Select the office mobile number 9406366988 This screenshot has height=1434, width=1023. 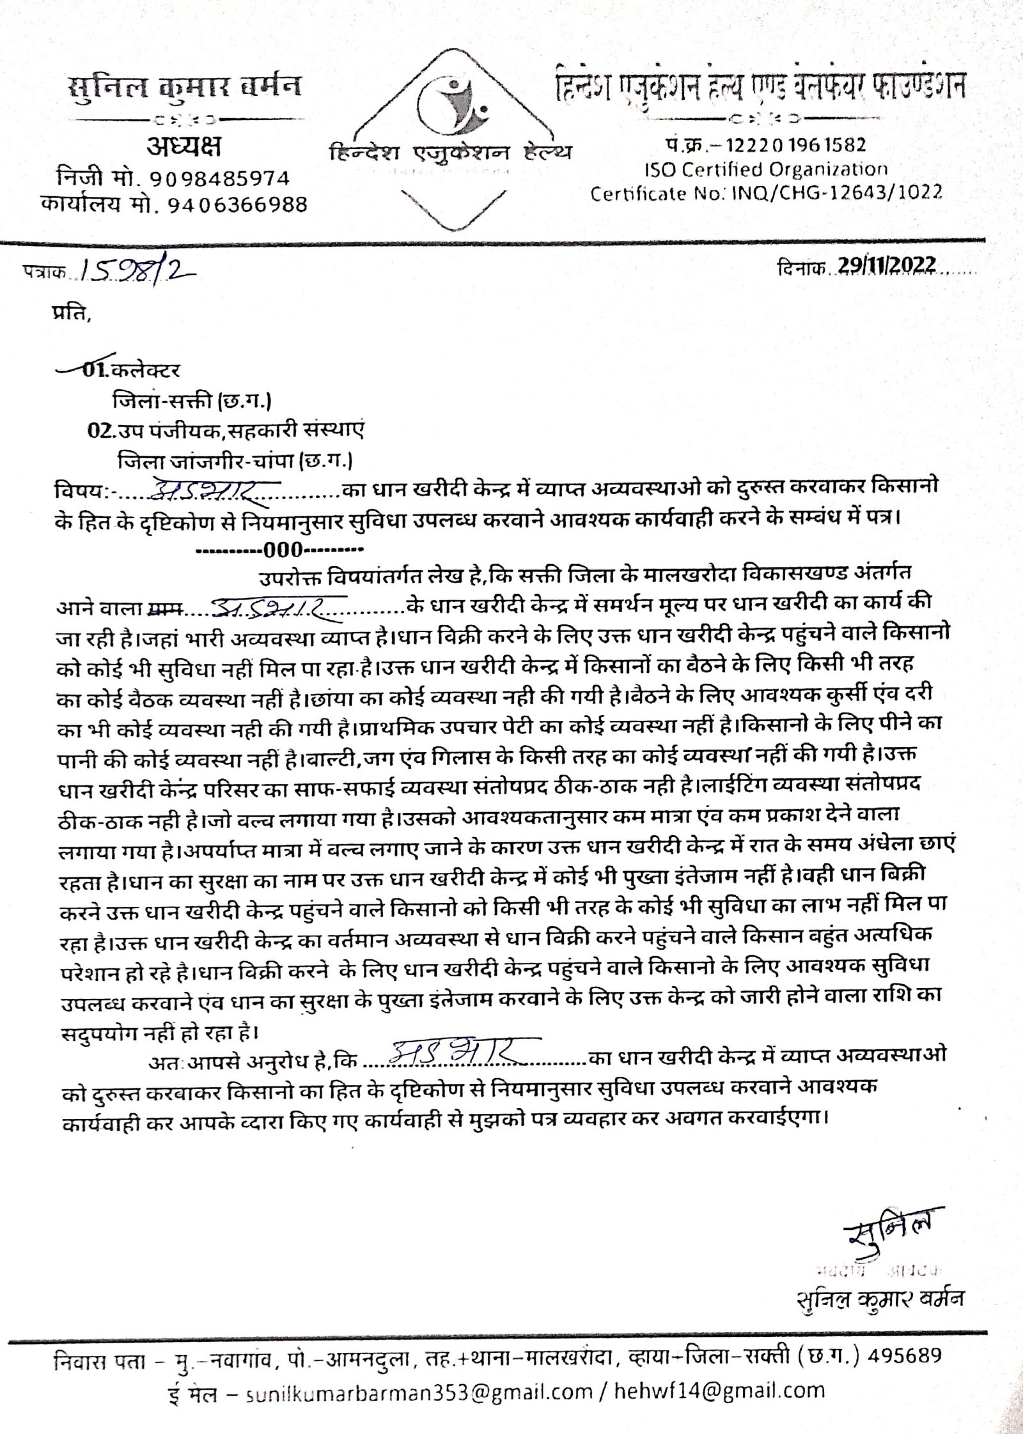pyautogui.click(x=237, y=205)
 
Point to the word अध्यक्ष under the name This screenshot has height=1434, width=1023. pyautogui.click(x=184, y=148)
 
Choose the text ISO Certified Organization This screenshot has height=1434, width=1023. pyautogui.click(x=766, y=169)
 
